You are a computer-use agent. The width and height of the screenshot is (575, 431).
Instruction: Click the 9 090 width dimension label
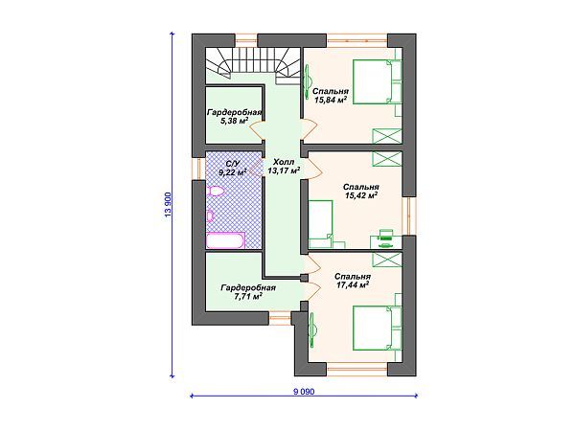tap(304, 392)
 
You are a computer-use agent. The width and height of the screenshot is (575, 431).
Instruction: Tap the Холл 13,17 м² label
tap(284, 166)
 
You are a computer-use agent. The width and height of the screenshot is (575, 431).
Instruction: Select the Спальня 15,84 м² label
tap(331, 95)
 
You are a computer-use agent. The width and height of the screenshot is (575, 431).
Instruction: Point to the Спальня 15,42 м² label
tap(361, 191)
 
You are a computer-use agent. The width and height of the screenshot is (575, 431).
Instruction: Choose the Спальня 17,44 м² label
tap(353, 281)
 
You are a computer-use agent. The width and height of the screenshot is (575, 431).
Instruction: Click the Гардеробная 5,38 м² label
tap(235, 117)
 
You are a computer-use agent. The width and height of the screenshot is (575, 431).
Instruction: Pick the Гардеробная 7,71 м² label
tap(248, 292)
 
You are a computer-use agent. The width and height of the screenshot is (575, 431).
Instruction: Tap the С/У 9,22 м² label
tap(233, 168)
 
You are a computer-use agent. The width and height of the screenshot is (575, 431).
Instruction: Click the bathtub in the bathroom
tap(225, 241)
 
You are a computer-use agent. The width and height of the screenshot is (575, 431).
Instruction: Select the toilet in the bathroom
tap(216, 191)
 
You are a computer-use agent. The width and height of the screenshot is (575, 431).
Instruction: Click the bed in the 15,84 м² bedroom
tap(378, 81)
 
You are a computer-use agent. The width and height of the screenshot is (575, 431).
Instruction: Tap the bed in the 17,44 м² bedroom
tap(378, 328)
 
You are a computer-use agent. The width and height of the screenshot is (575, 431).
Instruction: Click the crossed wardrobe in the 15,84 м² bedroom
tap(387, 136)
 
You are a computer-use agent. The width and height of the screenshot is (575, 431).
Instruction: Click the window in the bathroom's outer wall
tap(198, 169)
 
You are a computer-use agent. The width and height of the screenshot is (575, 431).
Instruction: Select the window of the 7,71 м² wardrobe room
tap(281, 315)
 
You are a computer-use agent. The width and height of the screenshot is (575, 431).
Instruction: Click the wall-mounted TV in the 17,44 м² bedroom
tap(312, 329)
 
